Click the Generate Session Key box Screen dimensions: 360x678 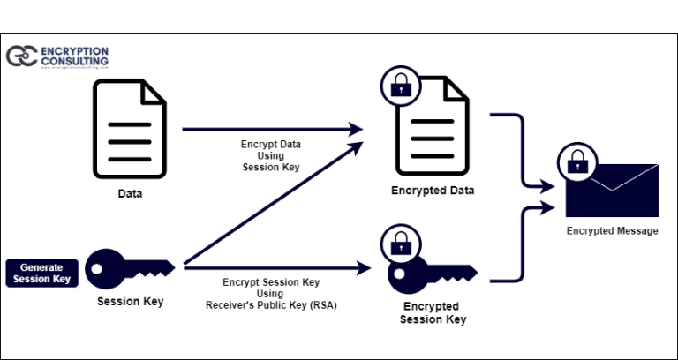tap(42, 273)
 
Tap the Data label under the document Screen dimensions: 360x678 tap(130, 193)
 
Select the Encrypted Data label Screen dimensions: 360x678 tap(433, 191)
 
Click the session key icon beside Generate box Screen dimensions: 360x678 tap(133, 268)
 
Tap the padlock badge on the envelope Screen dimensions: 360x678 tap(577, 162)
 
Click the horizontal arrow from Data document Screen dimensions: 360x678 tap(265, 129)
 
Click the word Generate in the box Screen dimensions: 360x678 tap(42, 266)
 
